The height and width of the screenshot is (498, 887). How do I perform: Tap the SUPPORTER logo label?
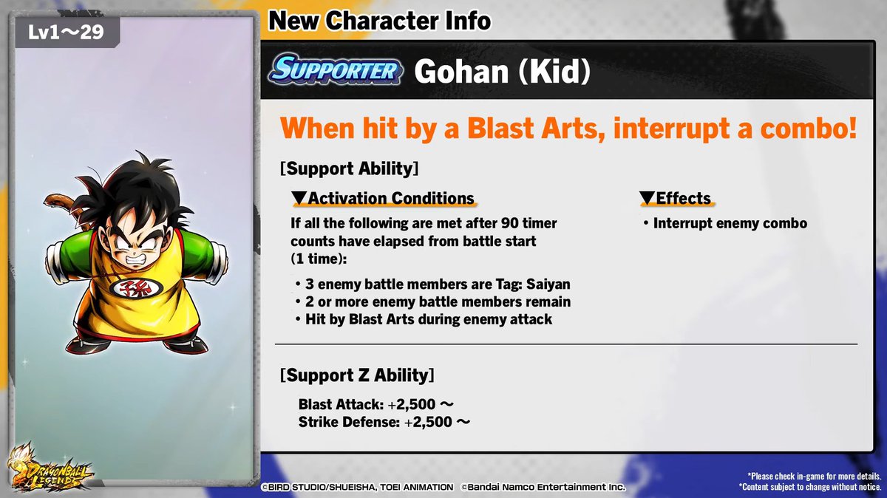click(x=336, y=70)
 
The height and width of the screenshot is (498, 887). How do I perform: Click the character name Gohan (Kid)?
click(x=503, y=71)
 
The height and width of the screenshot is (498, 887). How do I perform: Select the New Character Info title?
click(x=379, y=21)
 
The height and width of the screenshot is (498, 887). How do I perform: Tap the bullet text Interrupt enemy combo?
click(x=730, y=223)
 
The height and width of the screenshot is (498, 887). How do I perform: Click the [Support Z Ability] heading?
click(x=357, y=375)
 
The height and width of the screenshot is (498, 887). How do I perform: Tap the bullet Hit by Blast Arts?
click(x=427, y=319)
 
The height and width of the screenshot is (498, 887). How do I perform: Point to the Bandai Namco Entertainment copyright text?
click(x=543, y=487)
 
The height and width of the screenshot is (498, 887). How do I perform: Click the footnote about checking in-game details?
click(x=814, y=477)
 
